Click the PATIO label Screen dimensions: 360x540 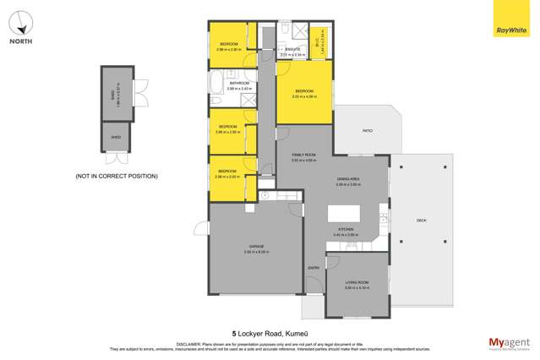367,131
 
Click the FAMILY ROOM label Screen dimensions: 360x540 303,155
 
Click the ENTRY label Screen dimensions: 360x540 313,268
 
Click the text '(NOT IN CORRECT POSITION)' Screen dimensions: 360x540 116,176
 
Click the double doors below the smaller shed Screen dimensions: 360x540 114,158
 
